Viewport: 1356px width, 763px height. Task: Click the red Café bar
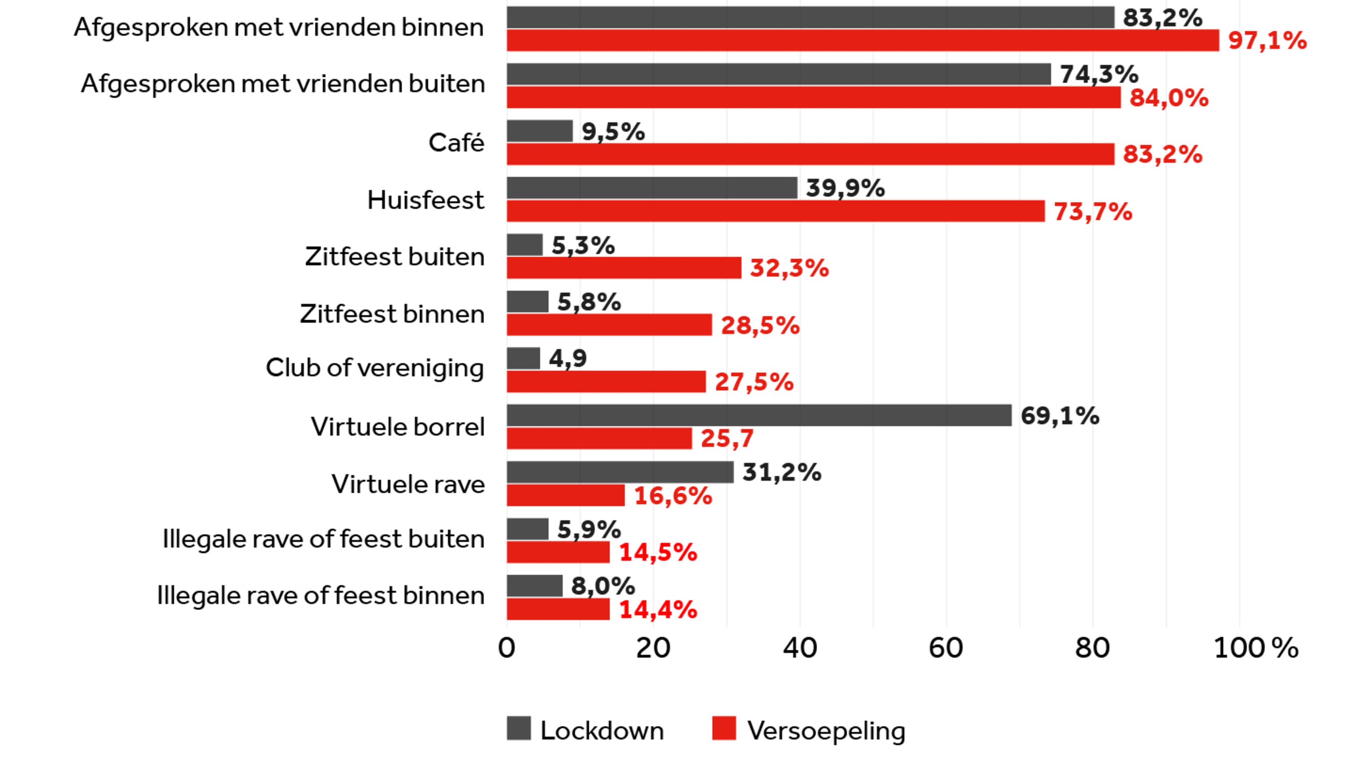tap(811, 154)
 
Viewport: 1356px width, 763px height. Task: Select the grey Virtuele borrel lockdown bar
tap(759, 415)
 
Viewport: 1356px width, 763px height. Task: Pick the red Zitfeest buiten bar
tap(624, 267)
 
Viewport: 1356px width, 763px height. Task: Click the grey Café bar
tap(540, 131)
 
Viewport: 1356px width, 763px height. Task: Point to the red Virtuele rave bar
tap(566, 495)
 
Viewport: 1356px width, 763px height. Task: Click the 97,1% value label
tap(1267, 41)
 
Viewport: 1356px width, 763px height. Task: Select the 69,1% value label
tap(1060, 416)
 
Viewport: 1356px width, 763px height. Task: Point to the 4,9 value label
tap(567, 359)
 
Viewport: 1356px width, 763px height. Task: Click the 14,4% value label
tap(658, 610)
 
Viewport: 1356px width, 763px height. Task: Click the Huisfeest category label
tap(425, 200)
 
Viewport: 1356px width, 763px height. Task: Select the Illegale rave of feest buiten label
tap(323, 539)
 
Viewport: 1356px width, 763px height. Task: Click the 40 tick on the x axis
tap(799, 648)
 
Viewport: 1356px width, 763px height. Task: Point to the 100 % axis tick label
tap(1255, 648)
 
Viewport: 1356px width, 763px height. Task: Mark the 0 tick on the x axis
tap(506, 648)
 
